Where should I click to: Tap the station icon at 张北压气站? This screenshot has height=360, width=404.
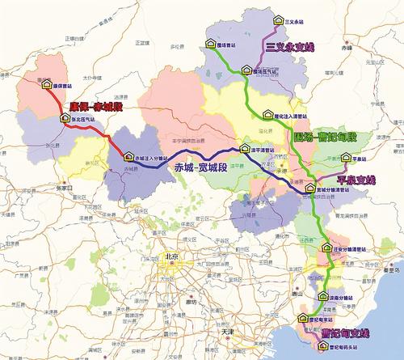tap(64, 118)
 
